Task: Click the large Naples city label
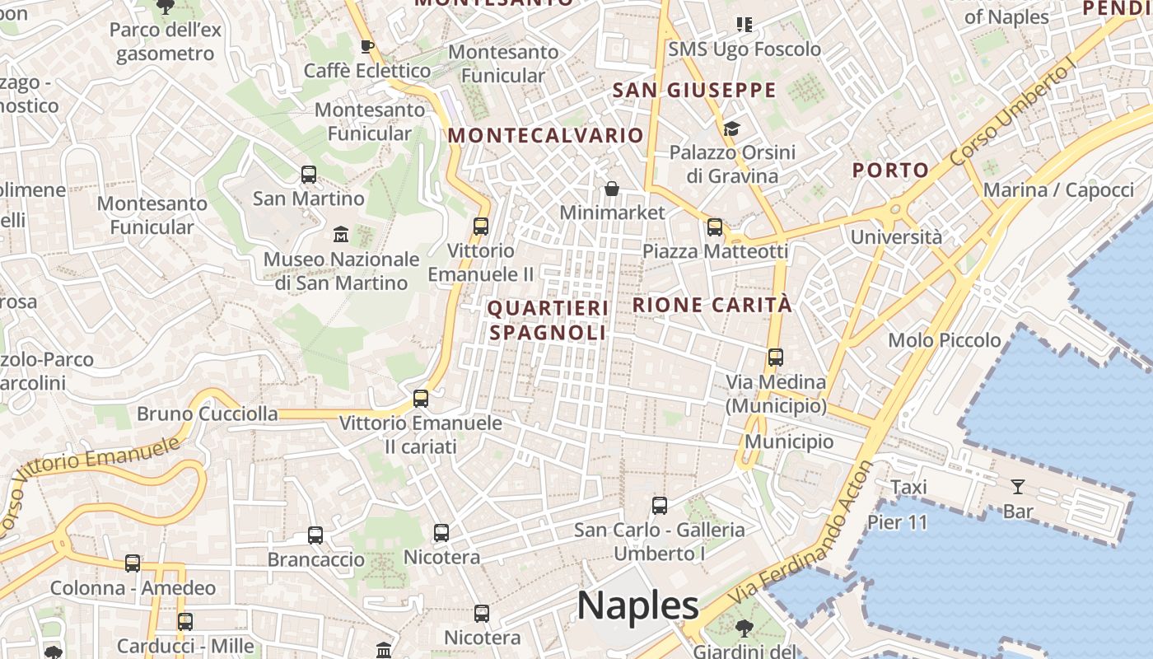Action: tap(638, 606)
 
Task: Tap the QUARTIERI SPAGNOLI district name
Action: tap(548, 320)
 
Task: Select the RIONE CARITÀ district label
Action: tap(712, 305)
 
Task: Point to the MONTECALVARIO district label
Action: tap(546, 135)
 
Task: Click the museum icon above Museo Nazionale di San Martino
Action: tap(341, 235)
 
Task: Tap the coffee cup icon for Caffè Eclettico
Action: tap(367, 46)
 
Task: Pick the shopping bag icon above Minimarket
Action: tap(612, 189)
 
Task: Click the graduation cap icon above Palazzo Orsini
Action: tap(731, 129)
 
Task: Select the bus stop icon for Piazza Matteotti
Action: tap(715, 227)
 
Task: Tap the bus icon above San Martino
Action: tap(309, 175)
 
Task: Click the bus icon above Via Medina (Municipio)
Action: tap(776, 358)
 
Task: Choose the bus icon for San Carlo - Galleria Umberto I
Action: tap(660, 506)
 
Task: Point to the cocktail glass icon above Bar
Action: tap(1018, 487)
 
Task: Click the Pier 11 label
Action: tap(897, 522)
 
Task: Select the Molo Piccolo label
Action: tap(944, 340)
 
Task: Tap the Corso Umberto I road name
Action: tap(1013, 111)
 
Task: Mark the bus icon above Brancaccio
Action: tap(315, 535)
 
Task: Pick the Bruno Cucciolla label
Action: tap(208, 414)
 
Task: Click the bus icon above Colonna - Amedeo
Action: tap(133, 563)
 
